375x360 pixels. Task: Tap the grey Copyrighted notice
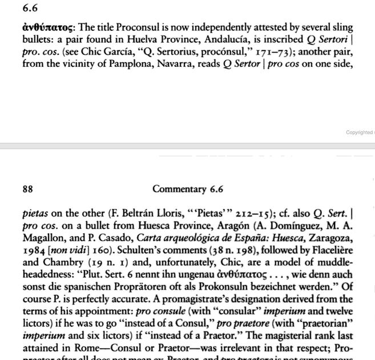360,133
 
